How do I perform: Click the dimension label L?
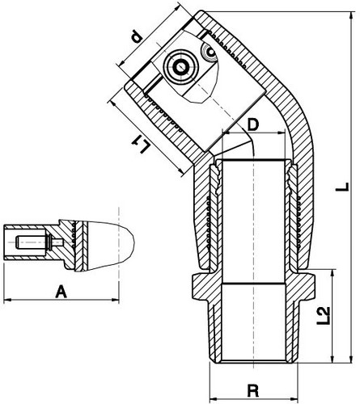click(342, 187)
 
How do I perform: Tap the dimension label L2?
click(323, 315)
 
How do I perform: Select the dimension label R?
click(253, 390)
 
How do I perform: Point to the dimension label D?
click(252, 124)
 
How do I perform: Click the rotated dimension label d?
click(136, 37)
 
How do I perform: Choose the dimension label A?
click(61, 292)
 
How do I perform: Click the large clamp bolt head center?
click(180, 67)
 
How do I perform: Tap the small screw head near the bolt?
click(210, 51)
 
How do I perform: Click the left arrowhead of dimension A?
click(7, 300)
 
